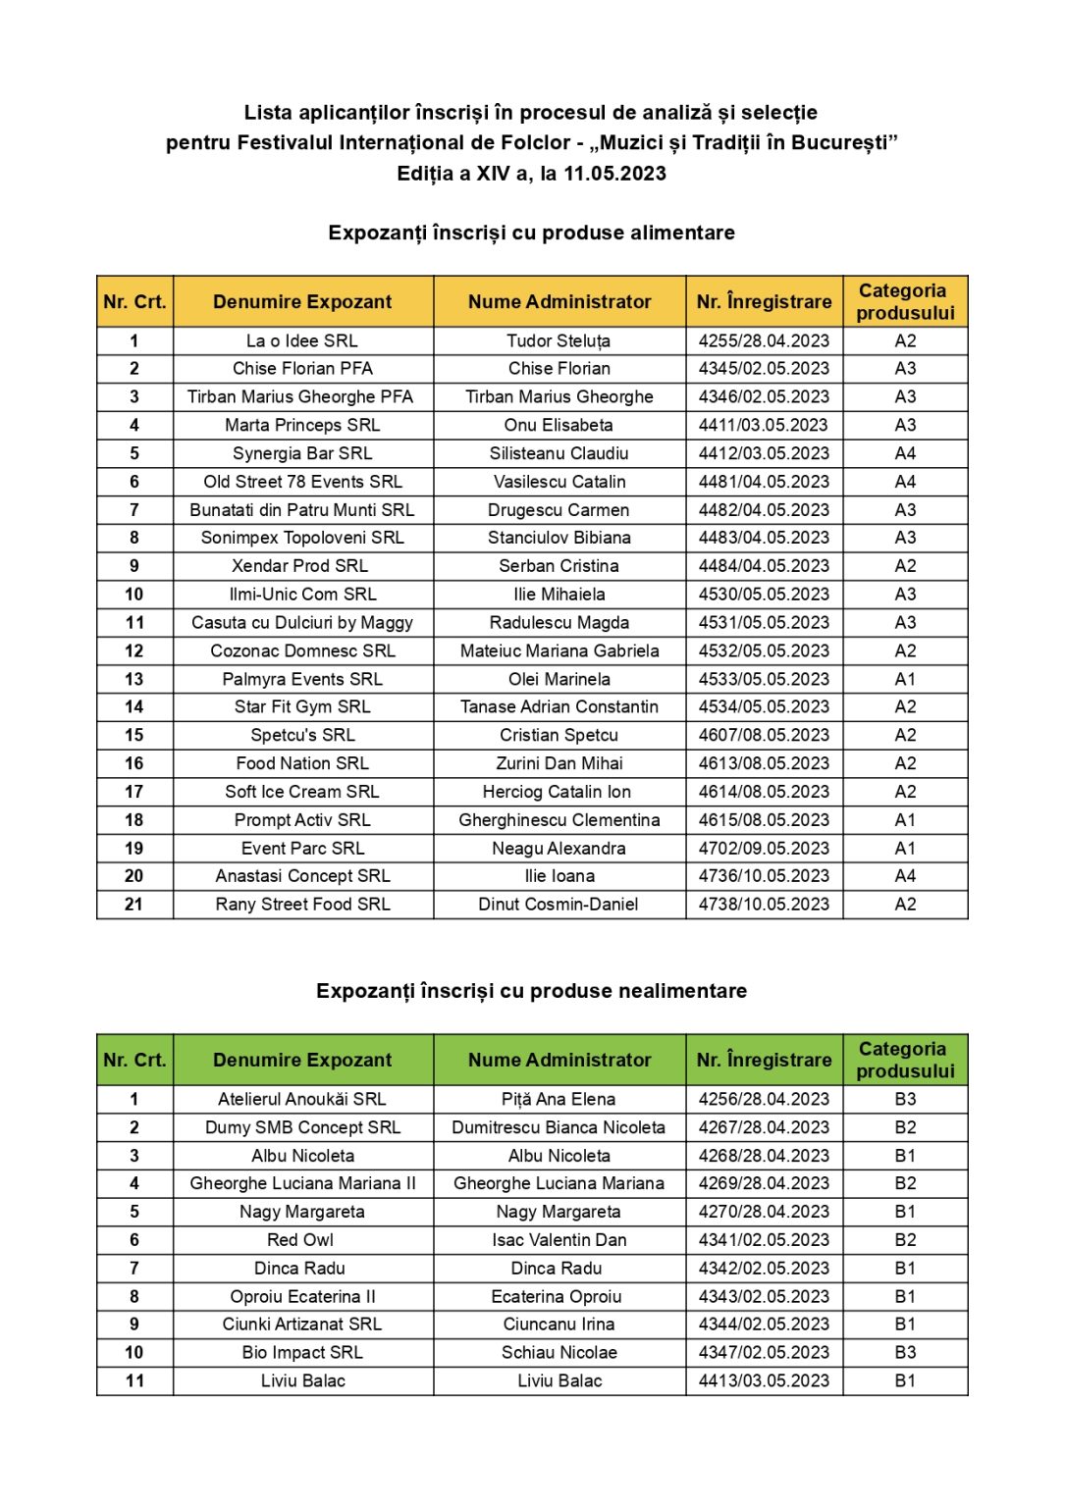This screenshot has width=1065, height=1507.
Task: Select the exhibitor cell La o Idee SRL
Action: (x=302, y=340)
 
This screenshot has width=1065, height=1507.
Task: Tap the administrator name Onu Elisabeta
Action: (x=559, y=425)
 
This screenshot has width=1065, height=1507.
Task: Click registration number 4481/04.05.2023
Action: (x=764, y=482)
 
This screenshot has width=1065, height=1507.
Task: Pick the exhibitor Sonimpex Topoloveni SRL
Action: (x=302, y=538)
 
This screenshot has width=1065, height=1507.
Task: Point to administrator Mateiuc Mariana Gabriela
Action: (x=559, y=650)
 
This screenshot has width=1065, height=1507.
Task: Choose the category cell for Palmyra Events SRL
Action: (x=905, y=679)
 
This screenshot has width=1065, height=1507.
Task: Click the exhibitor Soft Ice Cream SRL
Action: (x=302, y=792)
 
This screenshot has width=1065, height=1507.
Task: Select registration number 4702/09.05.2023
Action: (x=764, y=849)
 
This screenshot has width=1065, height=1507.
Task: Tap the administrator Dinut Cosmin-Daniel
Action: (x=559, y=905)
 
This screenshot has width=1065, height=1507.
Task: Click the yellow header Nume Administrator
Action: (x=559, y=302)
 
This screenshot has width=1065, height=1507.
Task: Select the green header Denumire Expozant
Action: (x=302, y=1061)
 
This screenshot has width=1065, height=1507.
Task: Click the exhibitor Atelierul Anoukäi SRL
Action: (x=302, y=1100)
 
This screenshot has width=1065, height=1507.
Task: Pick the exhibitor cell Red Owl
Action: (x=300, y=1240)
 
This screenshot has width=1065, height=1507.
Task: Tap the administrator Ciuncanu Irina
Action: (x=559, y=1325)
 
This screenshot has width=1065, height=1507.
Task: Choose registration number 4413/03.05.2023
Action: (x=764, y=1381)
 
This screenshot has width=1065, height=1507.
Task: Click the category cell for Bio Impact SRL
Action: (x=905, y=1353)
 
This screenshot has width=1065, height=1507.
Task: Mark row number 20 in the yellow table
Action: (x=134, y=876)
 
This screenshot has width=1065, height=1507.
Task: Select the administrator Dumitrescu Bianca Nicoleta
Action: (x=559, y=1128)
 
